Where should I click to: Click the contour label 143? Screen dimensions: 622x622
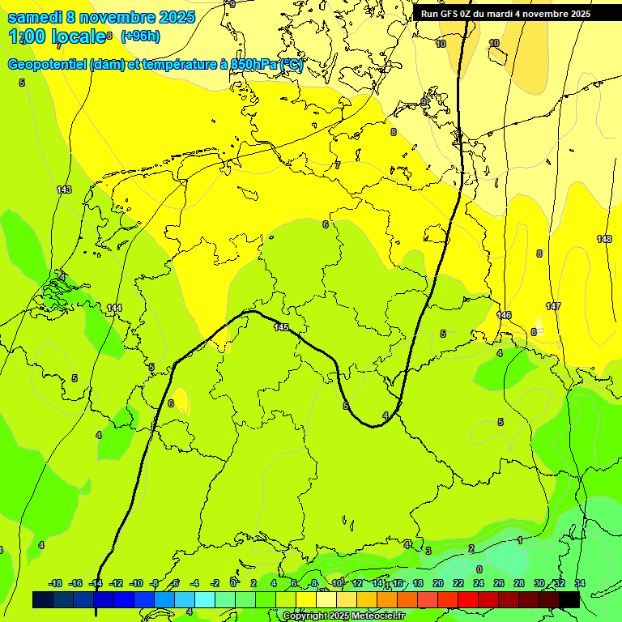[x=64, y=190]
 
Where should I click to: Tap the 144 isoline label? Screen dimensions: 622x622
[x=114, y=308]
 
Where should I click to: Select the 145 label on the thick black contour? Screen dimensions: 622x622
[x=281, y=327]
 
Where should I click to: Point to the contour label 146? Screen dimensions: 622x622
[x=504, y=314]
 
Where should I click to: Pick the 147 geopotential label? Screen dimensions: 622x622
[x=553, y=306]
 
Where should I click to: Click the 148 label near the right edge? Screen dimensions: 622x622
[x=604, y=239]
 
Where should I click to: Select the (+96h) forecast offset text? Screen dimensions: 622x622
[x=140, y=36]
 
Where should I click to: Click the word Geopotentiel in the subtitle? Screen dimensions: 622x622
[x=47, y=65]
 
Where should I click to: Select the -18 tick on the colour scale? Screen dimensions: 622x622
[x=55, y=583]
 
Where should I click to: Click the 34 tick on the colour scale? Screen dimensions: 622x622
[x=579, y=583]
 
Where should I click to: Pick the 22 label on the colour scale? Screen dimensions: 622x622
[x=458, y=583]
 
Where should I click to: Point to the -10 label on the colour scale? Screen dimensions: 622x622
[x=136, y=583]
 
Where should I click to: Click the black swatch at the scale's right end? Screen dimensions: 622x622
[x=569, y=599]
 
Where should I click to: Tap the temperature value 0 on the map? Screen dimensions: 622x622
[x=479, y=569]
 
